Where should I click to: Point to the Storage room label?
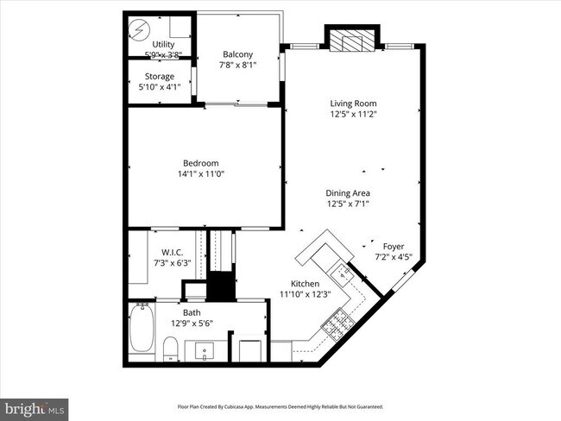[x=160, y=76]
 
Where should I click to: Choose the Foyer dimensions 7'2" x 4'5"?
[x=394, y=256]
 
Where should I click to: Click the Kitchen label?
[x=305, y=284]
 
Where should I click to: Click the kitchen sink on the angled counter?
[x=344, y=274]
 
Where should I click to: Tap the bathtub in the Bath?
[x=142, y=329]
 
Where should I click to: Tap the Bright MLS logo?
[x=35, y=406]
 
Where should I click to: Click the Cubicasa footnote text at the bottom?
[x=280, y=406]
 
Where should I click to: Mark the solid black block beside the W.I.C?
[x=223, y=286]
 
